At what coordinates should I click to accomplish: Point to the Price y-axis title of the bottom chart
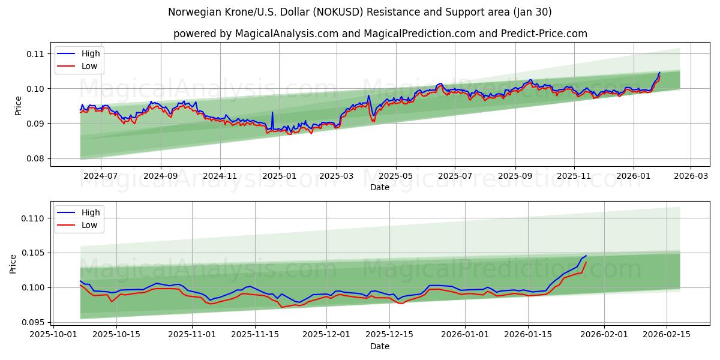pos(14,263)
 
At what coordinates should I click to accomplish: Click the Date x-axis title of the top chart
pos(380,187)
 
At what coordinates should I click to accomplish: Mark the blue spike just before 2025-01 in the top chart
pos(272,112)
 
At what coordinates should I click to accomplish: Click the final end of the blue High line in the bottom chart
pos(586,256)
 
